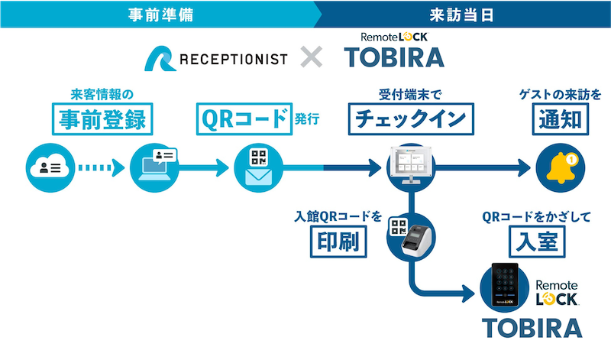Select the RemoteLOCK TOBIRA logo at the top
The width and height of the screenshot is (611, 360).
click(x=393, y=50)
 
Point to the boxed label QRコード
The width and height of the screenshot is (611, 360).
click(x=244, y=119)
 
